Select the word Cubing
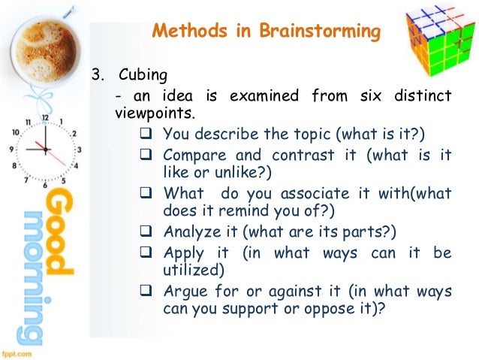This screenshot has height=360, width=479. (140, 75)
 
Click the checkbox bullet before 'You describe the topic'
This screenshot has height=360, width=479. (146, 135)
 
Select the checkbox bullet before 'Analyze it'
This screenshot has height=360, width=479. (146, 231)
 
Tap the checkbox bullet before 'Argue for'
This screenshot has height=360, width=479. (146, 290)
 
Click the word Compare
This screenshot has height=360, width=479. (191, 155)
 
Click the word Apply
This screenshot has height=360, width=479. (182, 252)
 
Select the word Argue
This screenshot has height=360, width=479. (184, 290)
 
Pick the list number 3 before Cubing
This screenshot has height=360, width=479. (95, 75)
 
